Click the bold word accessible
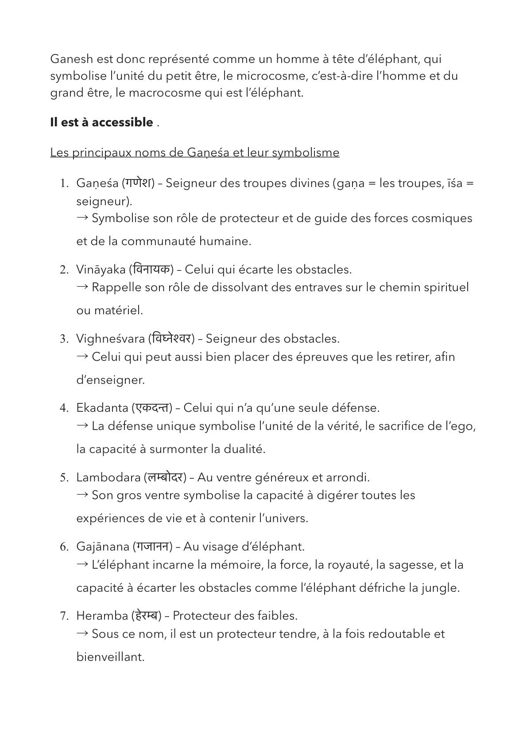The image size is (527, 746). point(122,123)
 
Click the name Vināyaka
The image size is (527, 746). point(101,269)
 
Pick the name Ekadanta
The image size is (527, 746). point(102,408)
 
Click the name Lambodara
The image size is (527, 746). point(108,477)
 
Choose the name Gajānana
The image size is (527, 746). point(103,547)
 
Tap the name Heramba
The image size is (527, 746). point(102,616)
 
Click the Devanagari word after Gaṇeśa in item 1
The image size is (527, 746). point(138,183)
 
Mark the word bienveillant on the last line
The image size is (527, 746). point(110,657)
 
